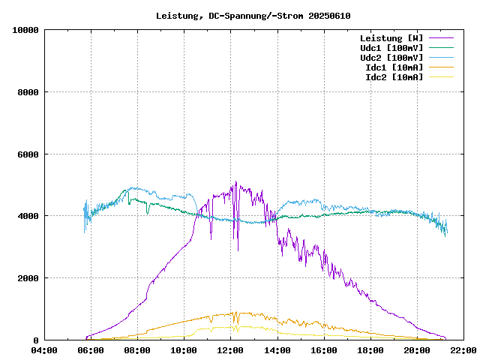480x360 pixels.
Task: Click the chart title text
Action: tap(253, 16)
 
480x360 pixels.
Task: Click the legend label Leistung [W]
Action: tap(391, 38)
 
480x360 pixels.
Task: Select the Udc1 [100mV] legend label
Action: tap(391, 48)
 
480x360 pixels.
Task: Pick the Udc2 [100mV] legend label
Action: tap(391, 58)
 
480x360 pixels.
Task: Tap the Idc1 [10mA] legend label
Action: tap(394, 67)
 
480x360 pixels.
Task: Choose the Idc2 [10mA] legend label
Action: tap(394, 77)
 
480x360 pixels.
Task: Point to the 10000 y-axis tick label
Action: tap(25, 30)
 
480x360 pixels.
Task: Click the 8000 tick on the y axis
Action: tap(28, 92)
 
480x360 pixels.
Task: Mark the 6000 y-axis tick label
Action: tap(28, 154)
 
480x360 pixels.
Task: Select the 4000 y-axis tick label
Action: tap(28, 216)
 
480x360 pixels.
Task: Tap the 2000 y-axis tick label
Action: tap(28, 278)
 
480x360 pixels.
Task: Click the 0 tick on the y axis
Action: tap(37, 340)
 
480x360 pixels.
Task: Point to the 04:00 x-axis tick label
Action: tap(44, 350)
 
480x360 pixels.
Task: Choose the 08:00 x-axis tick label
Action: tap(137, 350)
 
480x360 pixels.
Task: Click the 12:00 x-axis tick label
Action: tap(230, 350)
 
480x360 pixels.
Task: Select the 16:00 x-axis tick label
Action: tap(323, 350)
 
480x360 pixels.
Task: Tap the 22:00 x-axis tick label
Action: tap(463, 350)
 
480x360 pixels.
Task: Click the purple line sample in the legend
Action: tap(442, 38)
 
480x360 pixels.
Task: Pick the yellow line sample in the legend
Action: tap(442, 77)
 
